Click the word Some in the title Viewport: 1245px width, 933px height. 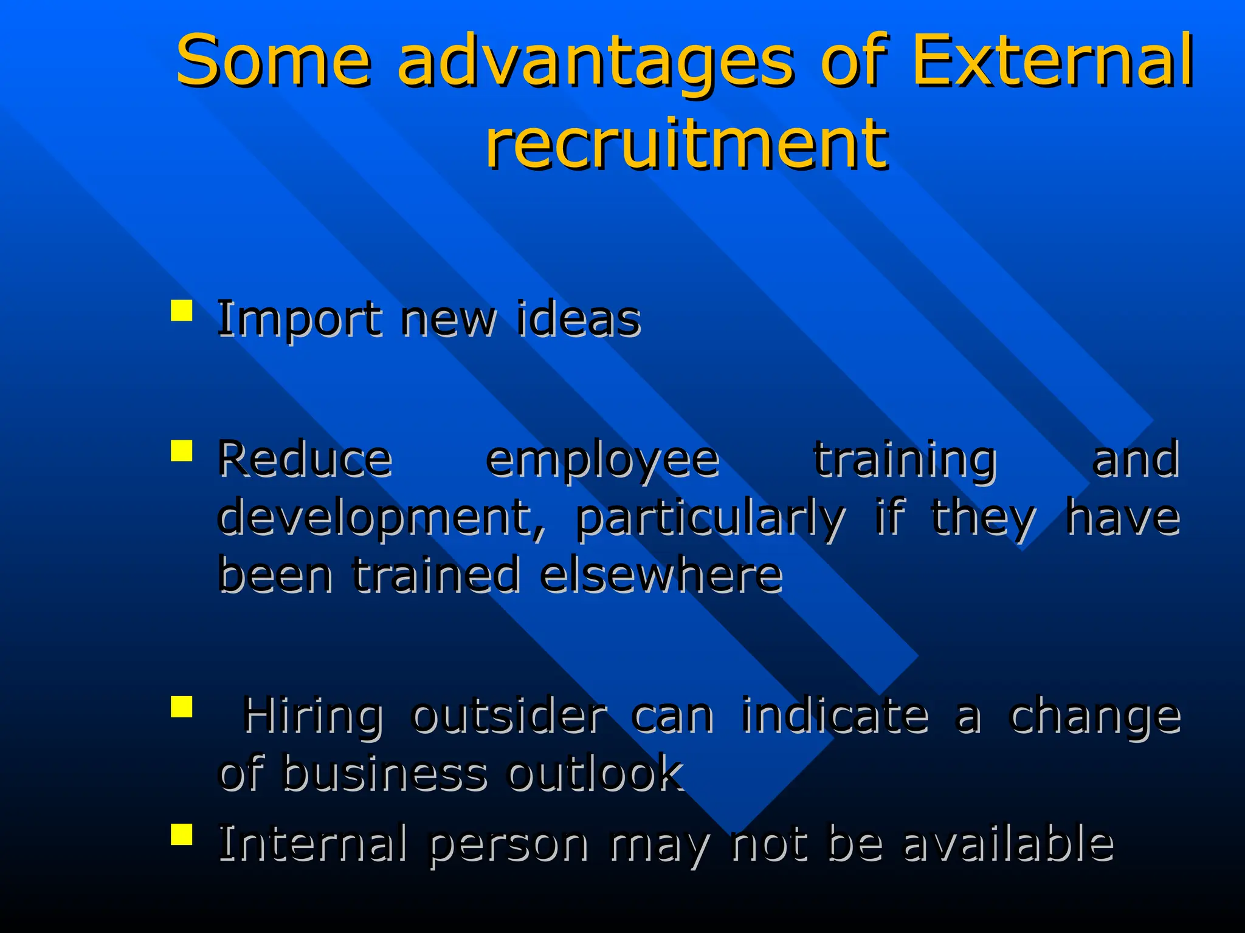pyautogui.click(x=273, y=61)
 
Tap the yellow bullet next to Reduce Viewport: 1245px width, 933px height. pyautogui.click(x=182, y=451)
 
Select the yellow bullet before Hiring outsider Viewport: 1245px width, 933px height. pyautogui.click(x=182, y=707)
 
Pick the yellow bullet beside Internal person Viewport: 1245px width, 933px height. pyautogui.click(x=182, y=835)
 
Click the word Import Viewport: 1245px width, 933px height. pyautogui.click(x=298, y=320)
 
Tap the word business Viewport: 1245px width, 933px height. pyautogui.click(x=385, y=773)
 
